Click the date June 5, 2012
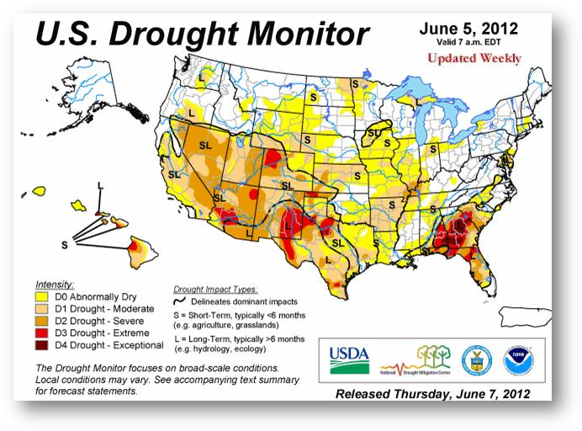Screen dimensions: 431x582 point(469,29)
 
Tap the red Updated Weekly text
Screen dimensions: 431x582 point(474,58)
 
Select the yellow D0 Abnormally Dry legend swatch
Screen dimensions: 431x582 point(41,296)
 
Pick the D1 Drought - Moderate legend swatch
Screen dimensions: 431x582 point(41,309)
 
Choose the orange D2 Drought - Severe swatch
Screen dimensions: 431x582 point(41,321)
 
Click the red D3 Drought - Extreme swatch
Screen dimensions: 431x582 point(41,333)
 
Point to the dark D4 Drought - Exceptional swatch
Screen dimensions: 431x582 point(41,344)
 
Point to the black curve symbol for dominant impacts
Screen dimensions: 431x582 point(181,301)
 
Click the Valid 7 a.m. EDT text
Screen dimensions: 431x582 point(468,42)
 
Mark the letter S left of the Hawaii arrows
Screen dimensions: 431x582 point(64,244)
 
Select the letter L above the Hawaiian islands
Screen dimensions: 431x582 point(101,185)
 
